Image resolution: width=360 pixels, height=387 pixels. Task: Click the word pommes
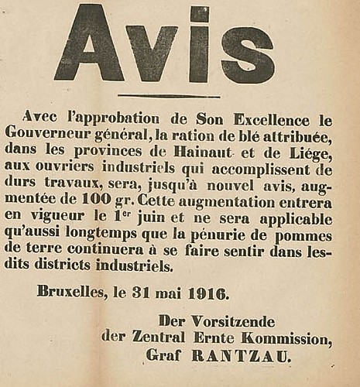point(306,235)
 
